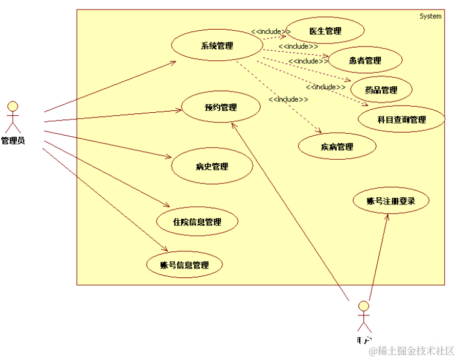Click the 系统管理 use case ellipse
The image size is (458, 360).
click(217, 46)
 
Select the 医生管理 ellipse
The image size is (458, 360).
click(325, 31)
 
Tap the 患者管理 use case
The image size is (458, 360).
click(365, 60)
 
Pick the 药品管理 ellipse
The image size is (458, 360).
click(381, 90)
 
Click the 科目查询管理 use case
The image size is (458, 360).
click(401, 119)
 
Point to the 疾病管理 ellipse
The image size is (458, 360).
click(337, 147)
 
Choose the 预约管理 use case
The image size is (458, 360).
click(221, 108)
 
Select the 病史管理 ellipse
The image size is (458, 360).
click(212, 166)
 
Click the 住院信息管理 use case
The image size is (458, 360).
click(197, 221)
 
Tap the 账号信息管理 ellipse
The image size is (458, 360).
click(184, 265)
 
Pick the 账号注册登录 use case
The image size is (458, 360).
click(391, 201)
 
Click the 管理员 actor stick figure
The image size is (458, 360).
click(13, 117)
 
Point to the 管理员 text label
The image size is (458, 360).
click(13, 141)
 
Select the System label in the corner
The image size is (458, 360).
click(430, 16)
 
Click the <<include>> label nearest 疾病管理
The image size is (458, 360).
click(288, 99)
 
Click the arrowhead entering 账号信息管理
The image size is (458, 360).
click(164, 248)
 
